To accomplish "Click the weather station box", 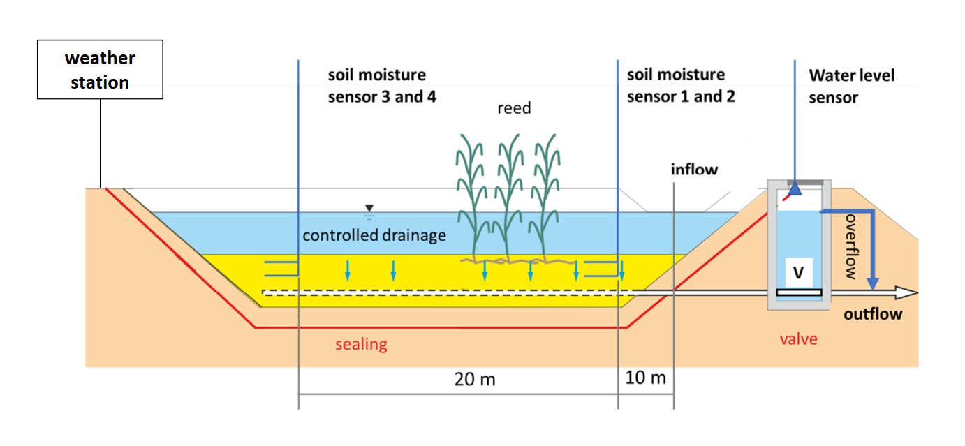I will pyautogui.click(x=100, y=69).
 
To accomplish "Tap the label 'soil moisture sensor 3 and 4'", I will pyautogui.click(x=381, y=85).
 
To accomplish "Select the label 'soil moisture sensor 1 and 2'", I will pyautogui.click(x=680, y=85).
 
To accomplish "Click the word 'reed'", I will pyautogui.click(x=514, y=108).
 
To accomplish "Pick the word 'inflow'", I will pyautogui.click(x=694, y=170).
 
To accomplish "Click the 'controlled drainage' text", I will pyautogui.click(x=374, y=235).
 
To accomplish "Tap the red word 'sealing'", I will pyautogui.click(x=361, y=344).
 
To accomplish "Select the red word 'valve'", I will pyautogui.click(x=798, y=339).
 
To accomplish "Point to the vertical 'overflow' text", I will pyautogui.click(x=850, y=246).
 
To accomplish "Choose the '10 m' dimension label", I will pyautogui.click(x=645, y=379).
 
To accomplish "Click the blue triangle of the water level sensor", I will pyautogui.click(x=795, y=189).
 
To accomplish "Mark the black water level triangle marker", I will pyautogui.click(x=369, y=208).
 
